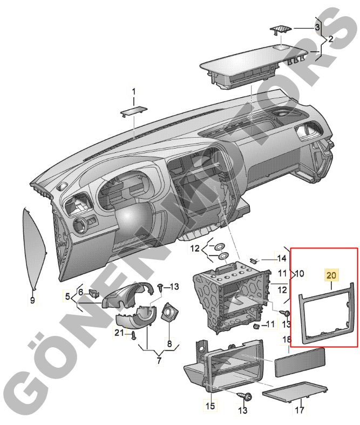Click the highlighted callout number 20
tap(331, 275)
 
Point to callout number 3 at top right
tap(318, 27)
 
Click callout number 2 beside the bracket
tap(330, 39)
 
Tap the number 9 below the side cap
tap(32, 299)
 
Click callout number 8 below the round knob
tap(169, 343)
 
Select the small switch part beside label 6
tap(94, 293)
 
